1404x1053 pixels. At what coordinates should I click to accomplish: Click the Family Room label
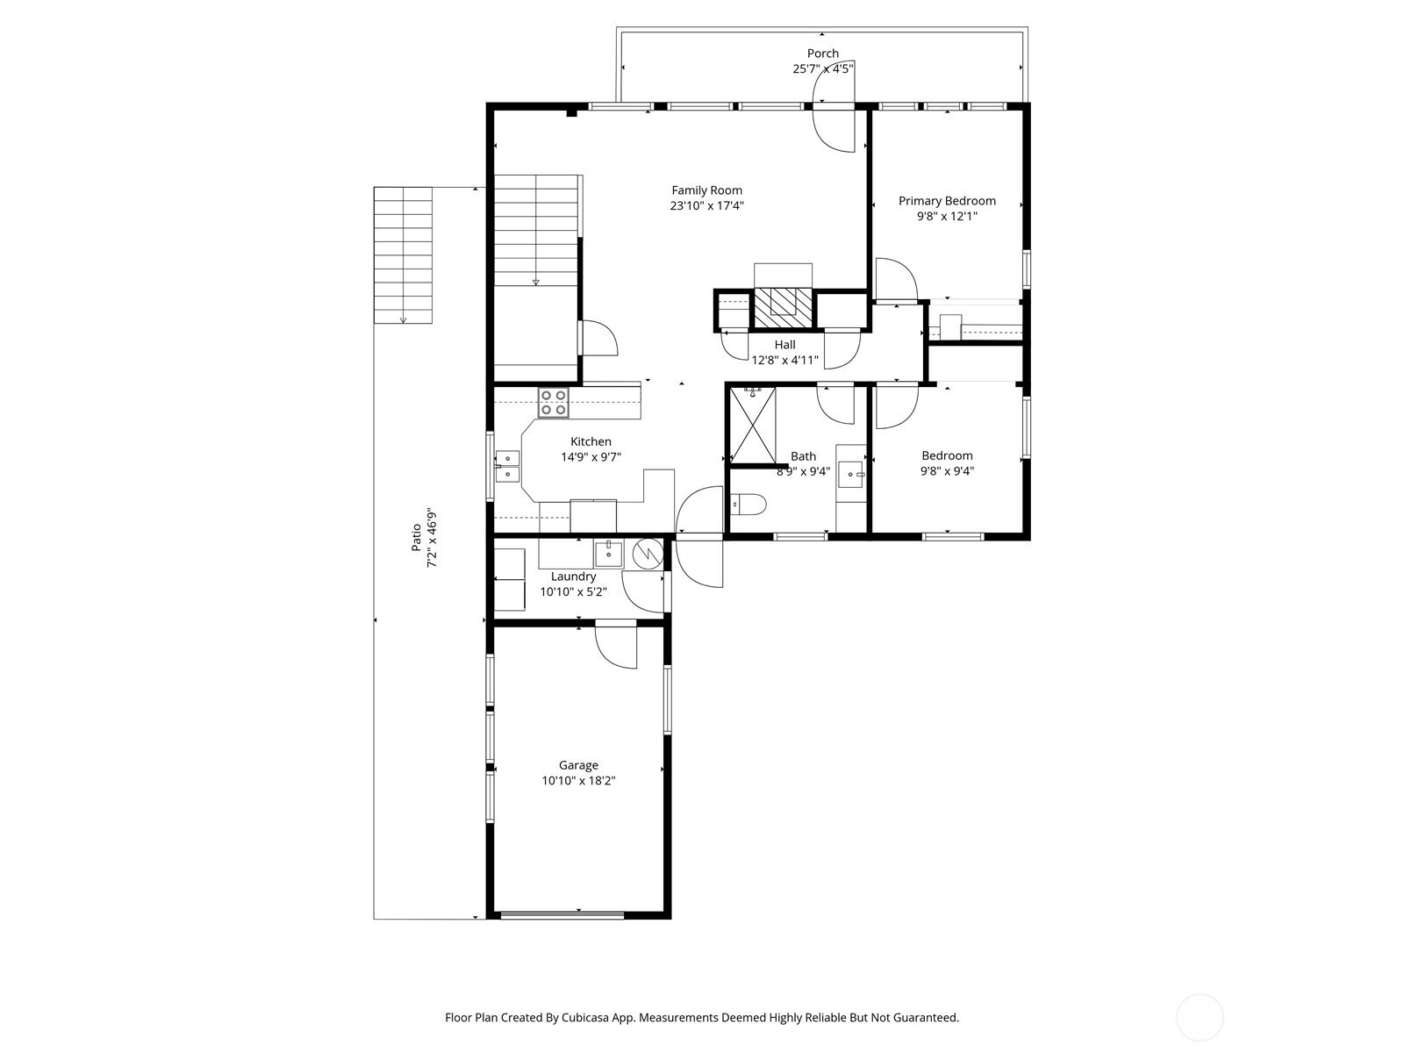[x=706, y=190]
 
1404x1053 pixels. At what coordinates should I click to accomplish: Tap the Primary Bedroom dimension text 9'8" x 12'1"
[x=947, y=216]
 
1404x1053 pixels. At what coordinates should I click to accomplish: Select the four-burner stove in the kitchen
[x=554, y=403]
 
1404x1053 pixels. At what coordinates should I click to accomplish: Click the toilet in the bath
[x=748, y=505]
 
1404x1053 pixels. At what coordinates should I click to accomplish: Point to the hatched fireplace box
[x=784, y=308]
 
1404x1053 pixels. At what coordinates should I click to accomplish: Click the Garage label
[x=578, y=765]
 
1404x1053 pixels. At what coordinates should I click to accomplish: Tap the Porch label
[x=822, y=53]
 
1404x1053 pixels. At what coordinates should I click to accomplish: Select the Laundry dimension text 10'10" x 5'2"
[x=573, y=592]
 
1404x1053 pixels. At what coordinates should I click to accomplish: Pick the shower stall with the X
[x=752, y=425]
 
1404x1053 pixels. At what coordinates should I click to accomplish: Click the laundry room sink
[x=609, y=554]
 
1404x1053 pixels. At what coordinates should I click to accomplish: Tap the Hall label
[x=784, y=345]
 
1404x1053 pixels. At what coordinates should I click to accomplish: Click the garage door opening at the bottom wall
[x=562, y=915]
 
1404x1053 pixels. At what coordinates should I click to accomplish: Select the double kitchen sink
[x=507, y=465]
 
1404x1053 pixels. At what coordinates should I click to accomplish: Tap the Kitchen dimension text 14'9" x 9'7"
[x=591, y=457]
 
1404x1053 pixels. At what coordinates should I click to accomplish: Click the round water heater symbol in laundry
[x=648, y=555]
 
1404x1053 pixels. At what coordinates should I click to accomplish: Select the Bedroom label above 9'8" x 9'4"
[x=947, y=455]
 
